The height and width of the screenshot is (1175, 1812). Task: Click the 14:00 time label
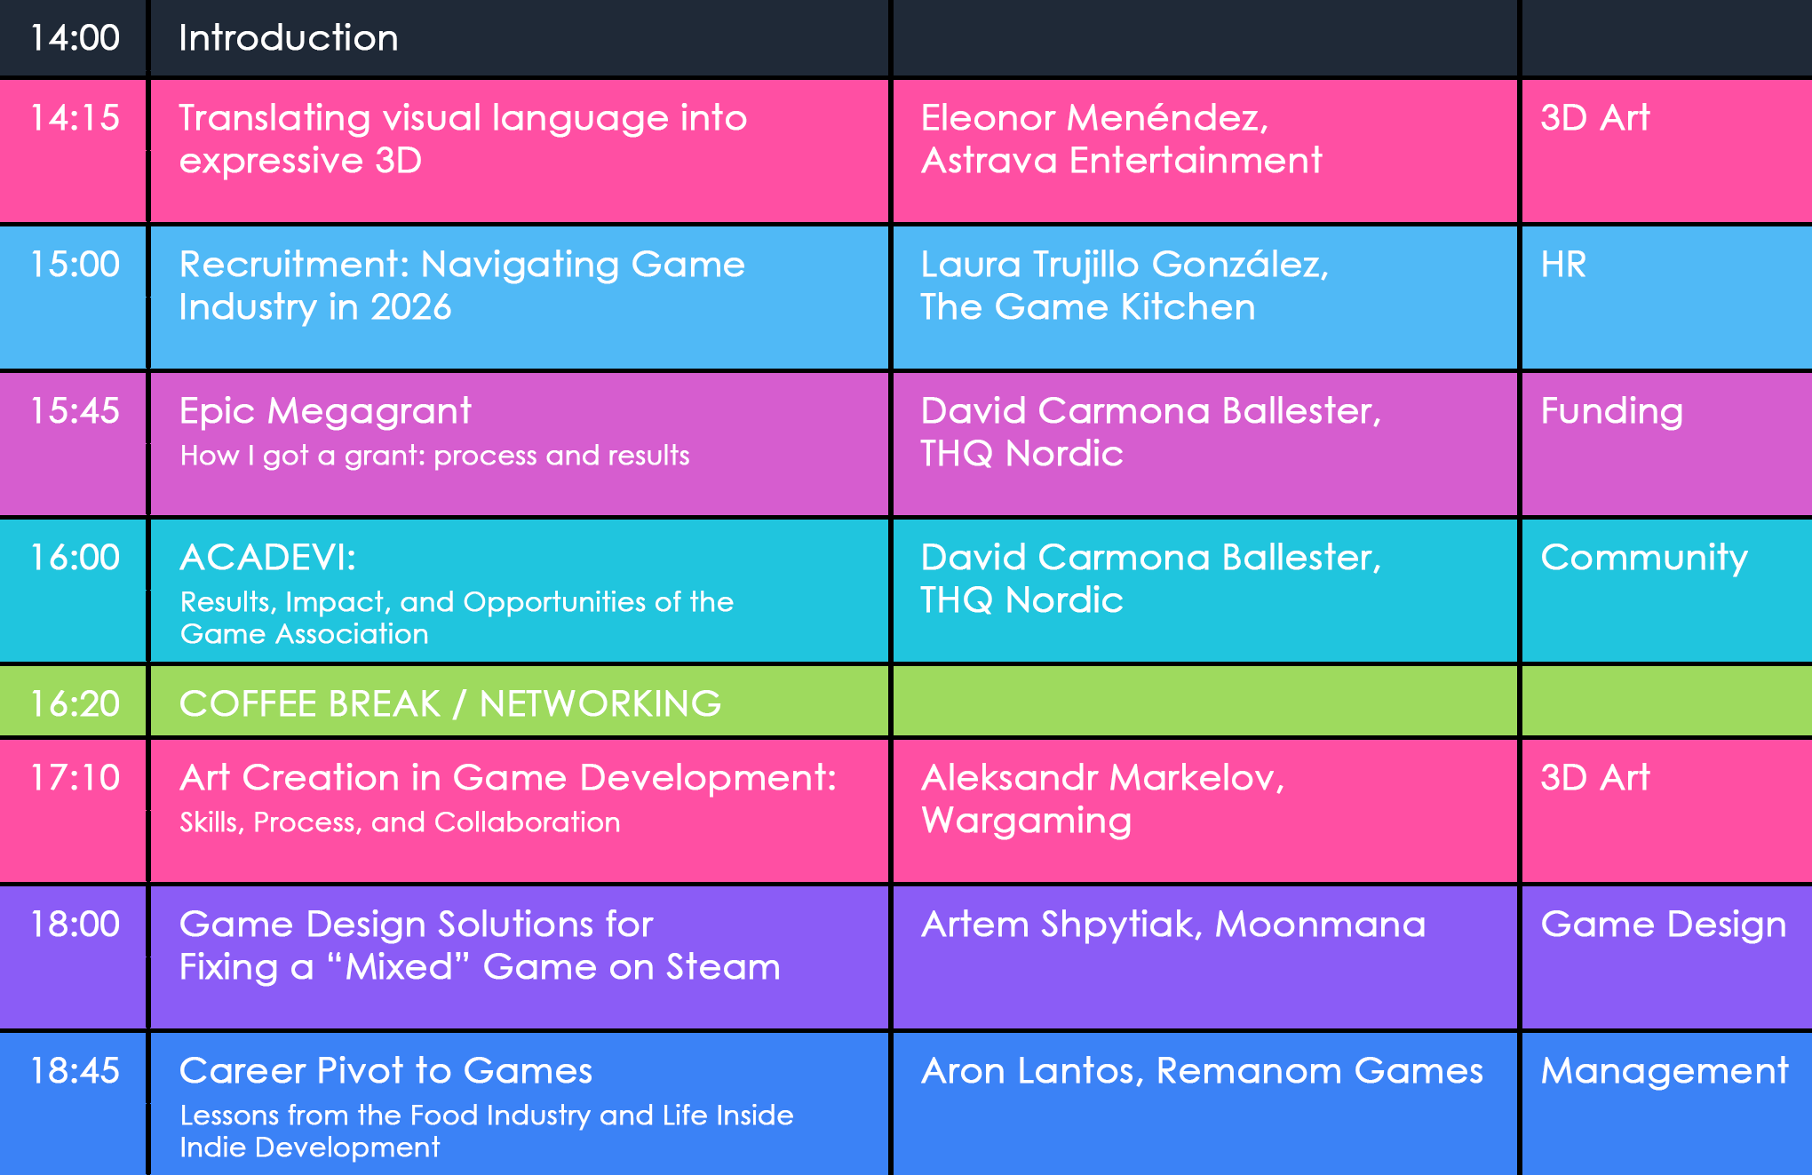[x=75, y=38]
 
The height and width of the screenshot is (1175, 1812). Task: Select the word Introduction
[x=289, y=38]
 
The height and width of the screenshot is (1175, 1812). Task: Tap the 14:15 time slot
[x=75, y=118]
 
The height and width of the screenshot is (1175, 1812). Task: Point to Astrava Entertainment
[x=1122, y=161]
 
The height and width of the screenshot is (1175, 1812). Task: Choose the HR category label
[x=1563, y=265]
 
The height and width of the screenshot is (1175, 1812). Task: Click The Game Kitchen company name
[x=1088, y=307]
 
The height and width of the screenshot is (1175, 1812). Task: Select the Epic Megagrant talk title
[x=325, y=412]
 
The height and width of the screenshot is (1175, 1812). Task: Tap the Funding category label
[x=1612, y=412]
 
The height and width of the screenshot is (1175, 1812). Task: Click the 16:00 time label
[x=75, y=558]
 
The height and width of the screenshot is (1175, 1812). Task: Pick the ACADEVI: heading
[x=267, y=558]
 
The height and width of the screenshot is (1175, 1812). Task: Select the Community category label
[x=1644, y=559]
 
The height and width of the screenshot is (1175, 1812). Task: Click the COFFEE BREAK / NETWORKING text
[x=450, y=704]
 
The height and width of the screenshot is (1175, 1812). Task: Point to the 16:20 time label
[x=75, y=704]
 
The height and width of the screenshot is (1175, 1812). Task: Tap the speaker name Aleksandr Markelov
[x=1102, y=778]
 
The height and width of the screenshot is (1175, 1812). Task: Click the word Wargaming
[x=1026, y=822]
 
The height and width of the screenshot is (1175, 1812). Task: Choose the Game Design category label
[x=1664, y=925]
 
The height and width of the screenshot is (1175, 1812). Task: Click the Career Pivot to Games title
[x=385, y=1071]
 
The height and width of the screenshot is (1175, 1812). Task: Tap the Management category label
[x=1665, y=1072]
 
